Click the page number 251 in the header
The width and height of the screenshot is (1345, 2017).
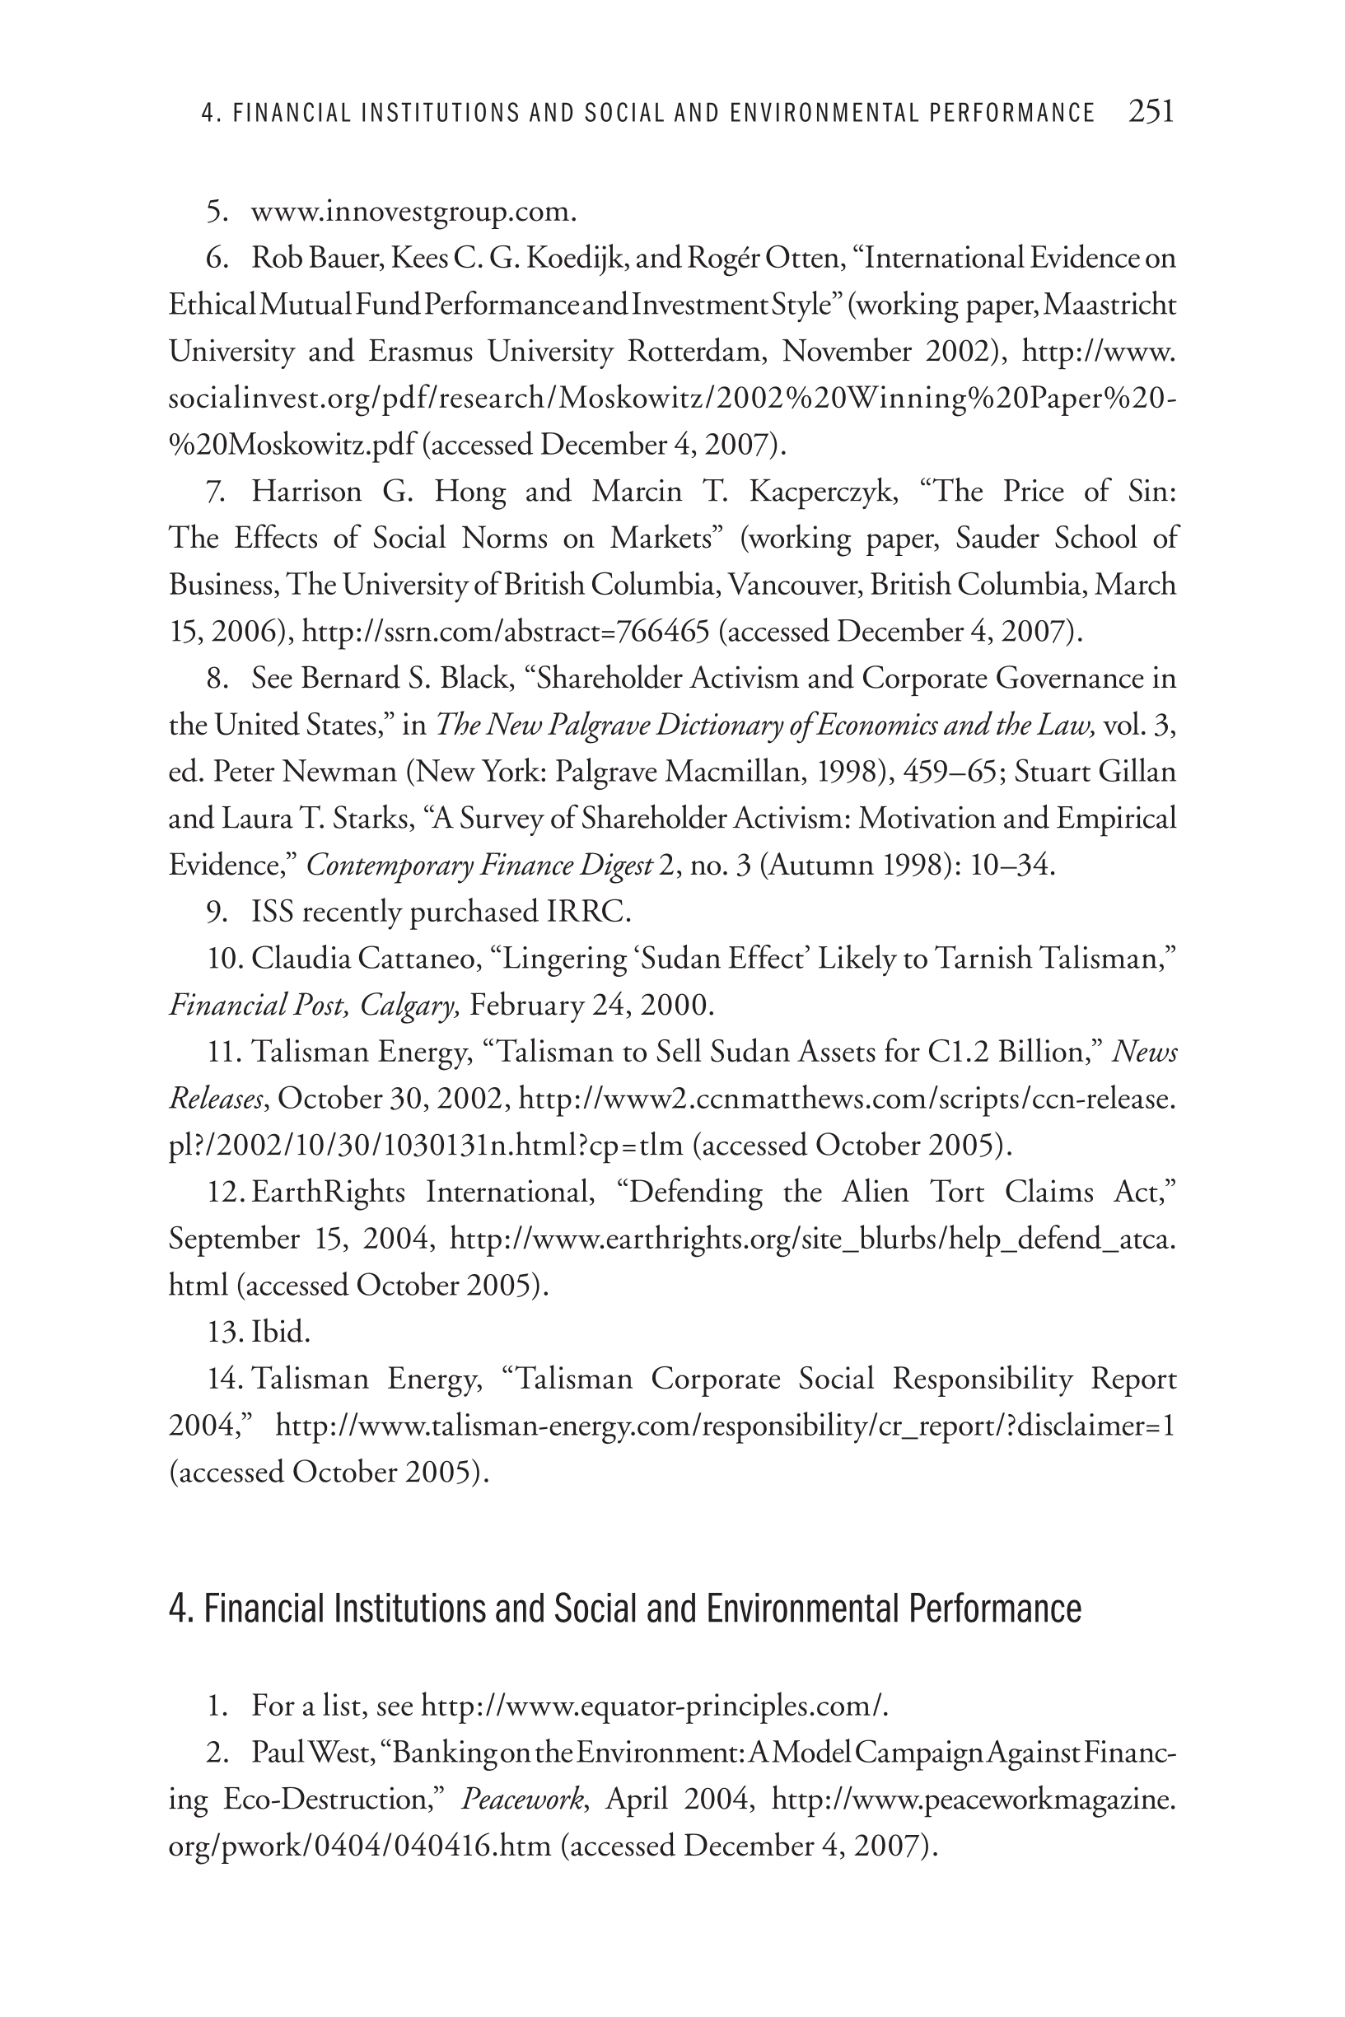[x=1151, y=111]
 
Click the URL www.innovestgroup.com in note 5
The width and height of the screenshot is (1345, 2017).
[x=413, y=211]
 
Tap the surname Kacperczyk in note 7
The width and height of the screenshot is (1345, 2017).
[x=823, y=492]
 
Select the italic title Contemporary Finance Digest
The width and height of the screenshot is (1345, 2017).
[x=479, y=866]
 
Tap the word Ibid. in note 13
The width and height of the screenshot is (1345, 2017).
[x=281, y=1332]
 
